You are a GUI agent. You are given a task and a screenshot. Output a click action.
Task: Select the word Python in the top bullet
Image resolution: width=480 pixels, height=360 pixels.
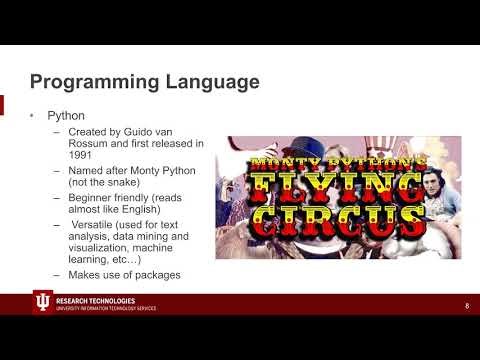(66, 115)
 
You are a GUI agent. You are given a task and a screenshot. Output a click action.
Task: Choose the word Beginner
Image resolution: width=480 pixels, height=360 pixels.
(91, 199)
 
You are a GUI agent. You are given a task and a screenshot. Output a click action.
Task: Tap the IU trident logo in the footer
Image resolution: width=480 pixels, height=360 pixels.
(42, 304)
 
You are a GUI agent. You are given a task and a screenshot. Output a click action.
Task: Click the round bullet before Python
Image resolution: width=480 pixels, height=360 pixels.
(32, 115)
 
